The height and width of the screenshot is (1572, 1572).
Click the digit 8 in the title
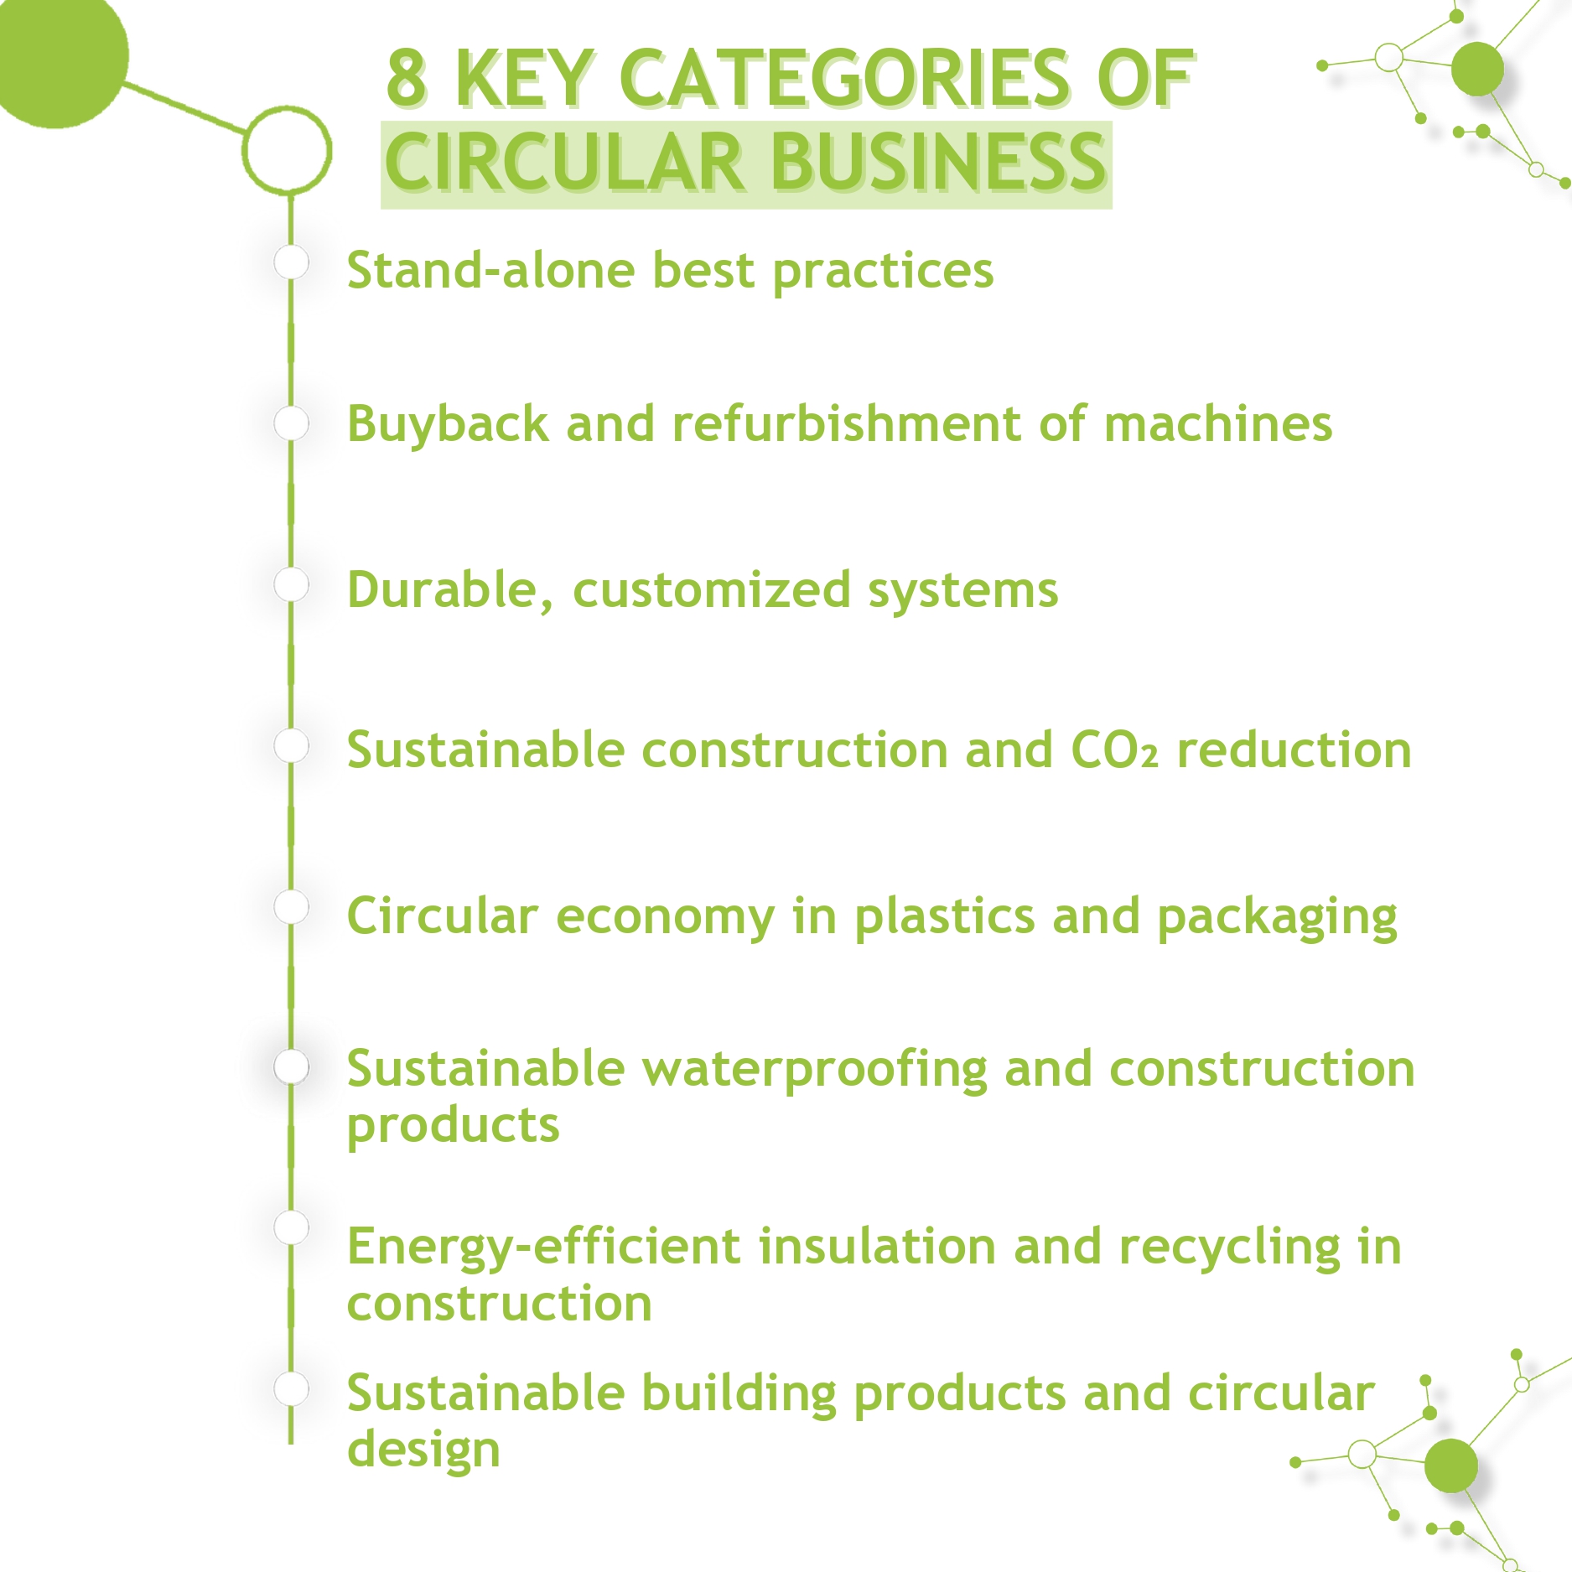point(407,78)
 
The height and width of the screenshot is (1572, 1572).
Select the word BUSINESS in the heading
point(939,161)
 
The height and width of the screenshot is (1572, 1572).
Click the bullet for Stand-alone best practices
point(291,262)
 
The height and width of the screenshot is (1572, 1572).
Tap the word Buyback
point(448,425)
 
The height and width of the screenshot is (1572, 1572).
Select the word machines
point(1217,423)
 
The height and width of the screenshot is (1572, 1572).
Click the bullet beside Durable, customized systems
point(291,584)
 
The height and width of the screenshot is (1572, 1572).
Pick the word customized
point(712,589)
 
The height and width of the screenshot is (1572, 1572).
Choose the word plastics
point(945,916)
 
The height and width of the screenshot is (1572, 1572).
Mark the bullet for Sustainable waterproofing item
point(291,1067)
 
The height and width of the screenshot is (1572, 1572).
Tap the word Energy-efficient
point(544,1248)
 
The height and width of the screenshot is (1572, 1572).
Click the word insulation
point(877,1246)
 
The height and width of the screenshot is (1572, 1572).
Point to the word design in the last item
point(423,1450)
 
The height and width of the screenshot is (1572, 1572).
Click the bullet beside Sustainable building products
point(291,1388)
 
